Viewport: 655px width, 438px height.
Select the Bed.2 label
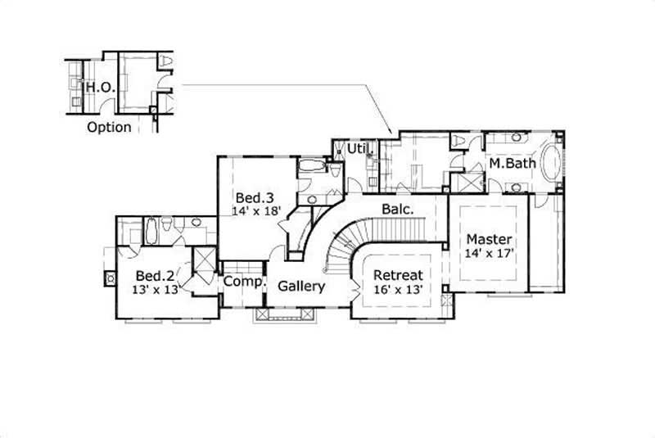click(153, 275)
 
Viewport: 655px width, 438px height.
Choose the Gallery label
click(301, 287)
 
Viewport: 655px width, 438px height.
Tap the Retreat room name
click(398, 274)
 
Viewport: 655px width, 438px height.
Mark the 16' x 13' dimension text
click(398, 288)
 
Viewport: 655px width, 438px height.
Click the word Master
click(489, 239)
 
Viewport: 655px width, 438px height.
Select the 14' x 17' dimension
click(489, 253)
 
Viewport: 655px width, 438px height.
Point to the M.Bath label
click(513, 164)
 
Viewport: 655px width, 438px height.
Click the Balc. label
click(398, 209)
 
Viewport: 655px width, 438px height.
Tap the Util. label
click(356, 149)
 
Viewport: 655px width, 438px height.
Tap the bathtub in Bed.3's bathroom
click(312, 169)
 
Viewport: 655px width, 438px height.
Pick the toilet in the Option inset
click(165, 62)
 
